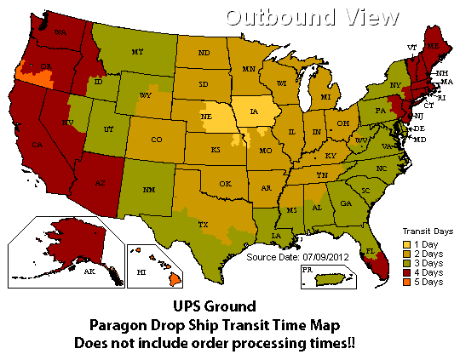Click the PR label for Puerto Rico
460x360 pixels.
(x=308, y=271)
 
